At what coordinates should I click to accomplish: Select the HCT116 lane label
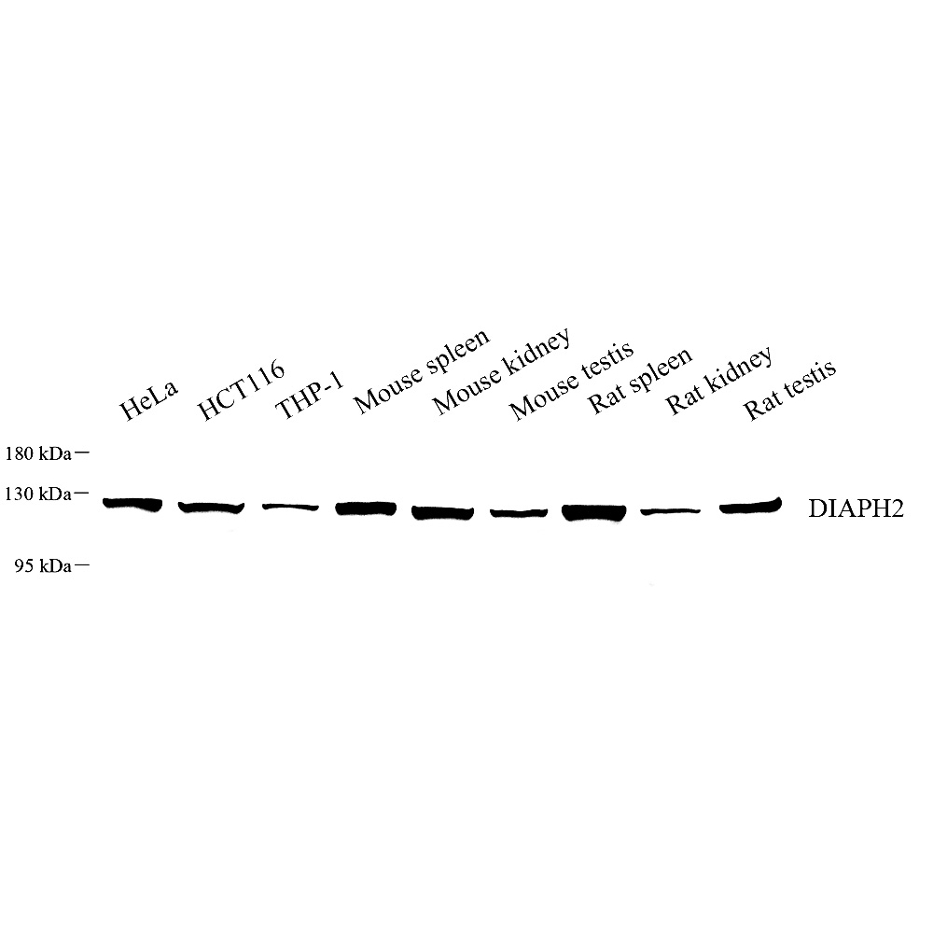point(241,391)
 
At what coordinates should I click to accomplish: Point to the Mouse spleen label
point(422,370)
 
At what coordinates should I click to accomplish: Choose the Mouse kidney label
point(502,372)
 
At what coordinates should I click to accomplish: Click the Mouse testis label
point(572,381)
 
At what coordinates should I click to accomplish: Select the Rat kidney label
point(718,381)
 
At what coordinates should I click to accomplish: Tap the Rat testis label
point(789,390)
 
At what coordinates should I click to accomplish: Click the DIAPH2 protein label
point(856,508)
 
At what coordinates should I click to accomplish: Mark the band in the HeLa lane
point(132,505)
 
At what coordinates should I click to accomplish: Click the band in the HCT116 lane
point(211,508)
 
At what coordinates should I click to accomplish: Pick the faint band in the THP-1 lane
point(290,507)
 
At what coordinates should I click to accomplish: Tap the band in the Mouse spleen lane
point(366,508)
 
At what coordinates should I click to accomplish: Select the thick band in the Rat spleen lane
point(594,512)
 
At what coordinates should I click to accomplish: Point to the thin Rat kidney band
point(671,510)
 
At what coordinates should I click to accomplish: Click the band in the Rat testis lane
point(750,507)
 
